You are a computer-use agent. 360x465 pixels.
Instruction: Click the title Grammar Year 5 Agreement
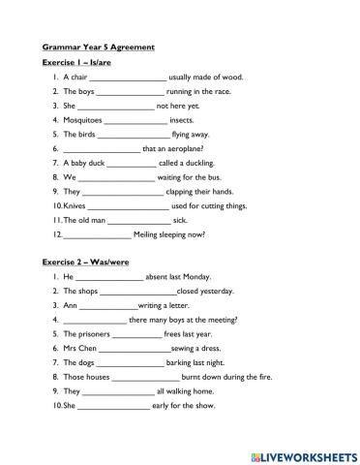[x=98, y=46]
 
